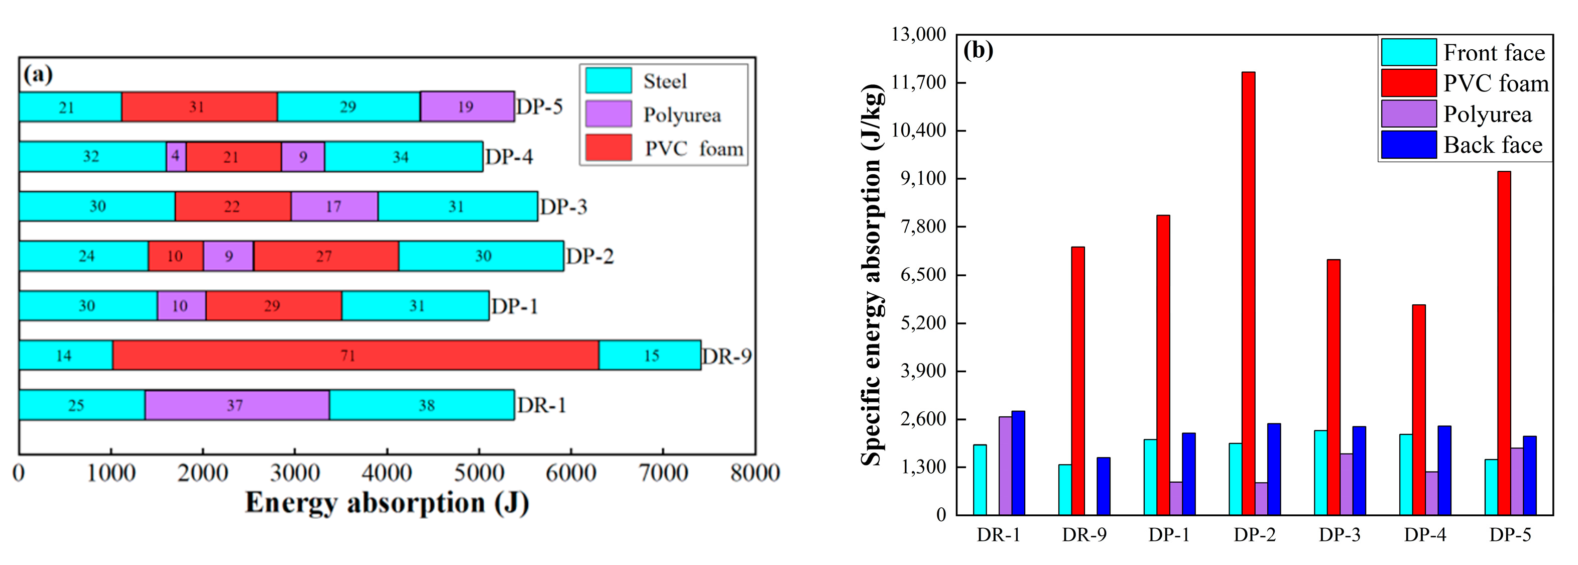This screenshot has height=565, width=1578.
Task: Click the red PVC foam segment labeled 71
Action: pos(355,356)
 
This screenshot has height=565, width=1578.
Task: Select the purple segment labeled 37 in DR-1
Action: pos(236,405)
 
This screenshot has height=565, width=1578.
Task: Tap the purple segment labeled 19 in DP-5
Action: pos(467,106)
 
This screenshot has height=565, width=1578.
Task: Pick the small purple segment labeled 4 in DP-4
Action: pos(176,156)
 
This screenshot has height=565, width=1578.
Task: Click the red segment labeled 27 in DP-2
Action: pos(326,256)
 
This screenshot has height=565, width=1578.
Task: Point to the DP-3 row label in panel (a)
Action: pos(563,206)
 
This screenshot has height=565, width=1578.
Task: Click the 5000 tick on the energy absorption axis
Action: pos(478,473)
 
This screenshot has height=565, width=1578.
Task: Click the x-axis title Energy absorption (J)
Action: pos(387,503)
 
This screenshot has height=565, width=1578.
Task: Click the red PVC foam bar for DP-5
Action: pos(1504,343)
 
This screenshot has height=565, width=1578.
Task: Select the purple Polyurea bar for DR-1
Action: pos(1005,466)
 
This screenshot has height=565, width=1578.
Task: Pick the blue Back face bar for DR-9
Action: pos(1103,486)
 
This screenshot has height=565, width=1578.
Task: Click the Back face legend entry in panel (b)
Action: pos(1493,145)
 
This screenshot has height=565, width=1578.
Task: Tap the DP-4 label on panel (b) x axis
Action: pos(1425,535)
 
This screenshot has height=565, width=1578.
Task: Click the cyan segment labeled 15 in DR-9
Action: pos(650,356)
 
